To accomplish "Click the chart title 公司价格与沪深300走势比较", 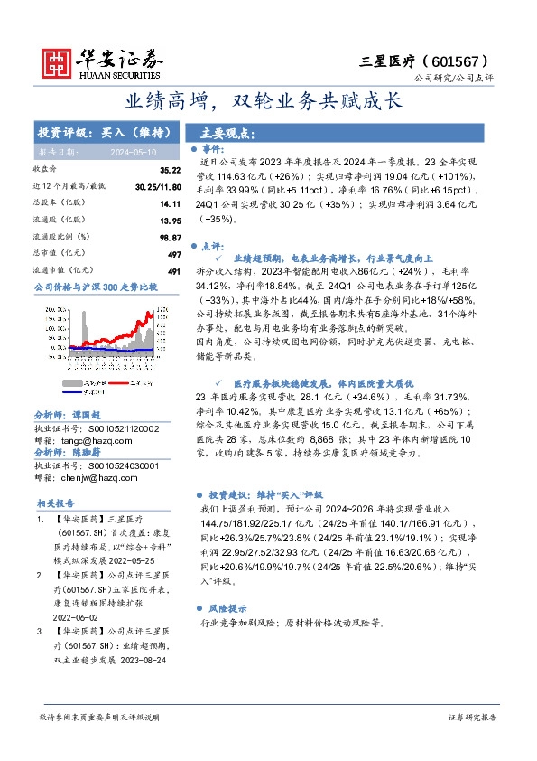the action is (x=96, y=287).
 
